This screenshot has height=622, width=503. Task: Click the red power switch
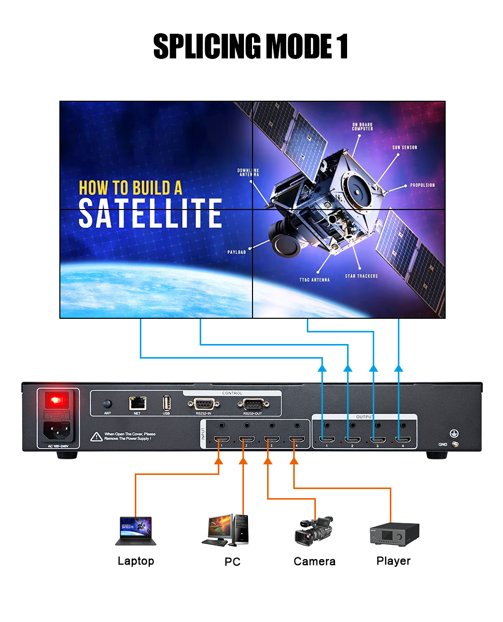click(57, 401)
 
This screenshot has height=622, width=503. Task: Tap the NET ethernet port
click(137, 403)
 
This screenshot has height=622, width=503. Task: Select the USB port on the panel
click(166, 403)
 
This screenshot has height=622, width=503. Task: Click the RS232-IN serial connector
click(203, 404)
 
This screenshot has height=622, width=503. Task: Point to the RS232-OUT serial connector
click(253, 404)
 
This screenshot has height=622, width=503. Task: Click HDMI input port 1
click(221, 440)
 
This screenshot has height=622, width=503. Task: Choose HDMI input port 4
click(297, 440)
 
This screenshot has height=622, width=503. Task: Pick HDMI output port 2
click(352, 440)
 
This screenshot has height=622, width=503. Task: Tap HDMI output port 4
click(402, 440)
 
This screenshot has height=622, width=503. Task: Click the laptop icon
click(136, 531)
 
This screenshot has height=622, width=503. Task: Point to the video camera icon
click(314, 531)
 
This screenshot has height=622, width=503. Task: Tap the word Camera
click(314, 561)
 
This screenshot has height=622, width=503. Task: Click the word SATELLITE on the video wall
click(150, 213)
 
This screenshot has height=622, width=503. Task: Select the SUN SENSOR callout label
click(404, 148)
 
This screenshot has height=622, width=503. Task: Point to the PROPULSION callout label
click(422, 185)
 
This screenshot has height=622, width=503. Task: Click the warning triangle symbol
click(97, 437)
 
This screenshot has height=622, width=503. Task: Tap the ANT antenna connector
click(107, 404)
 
